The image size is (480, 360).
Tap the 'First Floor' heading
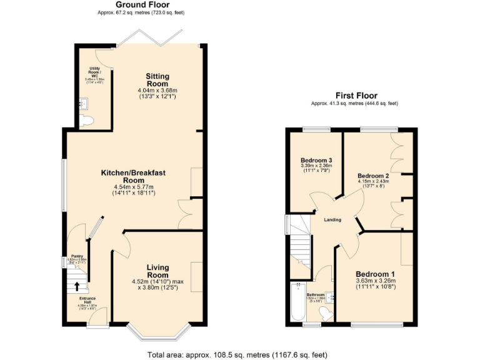pos(355,96)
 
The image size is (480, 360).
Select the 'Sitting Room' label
pos(157,80)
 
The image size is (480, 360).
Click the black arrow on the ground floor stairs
pos(77,286)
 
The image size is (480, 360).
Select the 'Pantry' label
pos(77,256)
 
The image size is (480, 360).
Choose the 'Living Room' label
pos(157,271)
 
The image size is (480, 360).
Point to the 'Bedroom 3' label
pos(316,161)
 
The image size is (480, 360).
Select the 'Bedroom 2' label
pos(373,176)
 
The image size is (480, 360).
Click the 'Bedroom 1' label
pos(376,274)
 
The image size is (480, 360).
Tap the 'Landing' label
pos(332,219)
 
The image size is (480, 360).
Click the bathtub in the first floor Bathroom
pos(296,304)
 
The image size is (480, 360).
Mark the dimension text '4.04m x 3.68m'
pos(157,91)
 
